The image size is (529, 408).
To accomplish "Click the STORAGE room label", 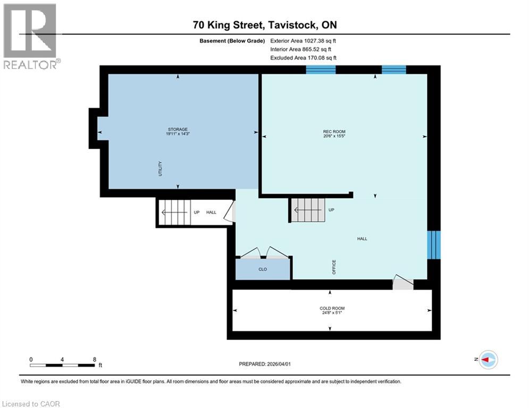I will coord(178,129).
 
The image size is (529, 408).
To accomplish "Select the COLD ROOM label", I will coord(332,309).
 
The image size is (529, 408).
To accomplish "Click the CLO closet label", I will coord(263,269).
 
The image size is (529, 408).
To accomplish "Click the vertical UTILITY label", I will coord(159,169).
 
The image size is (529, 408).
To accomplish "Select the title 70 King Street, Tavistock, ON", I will coord(265,25).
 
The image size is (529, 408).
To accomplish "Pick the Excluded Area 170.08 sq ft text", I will coord(303,58).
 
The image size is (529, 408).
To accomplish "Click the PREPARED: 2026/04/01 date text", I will coord(265,364).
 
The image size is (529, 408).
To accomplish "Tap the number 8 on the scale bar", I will coord(95,360).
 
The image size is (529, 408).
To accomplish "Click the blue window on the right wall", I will coord(435,244).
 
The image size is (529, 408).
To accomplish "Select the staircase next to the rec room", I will coord(308,210).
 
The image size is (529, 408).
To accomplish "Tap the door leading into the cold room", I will coord(402,283).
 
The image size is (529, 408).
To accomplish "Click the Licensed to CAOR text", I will coord(31,404).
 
